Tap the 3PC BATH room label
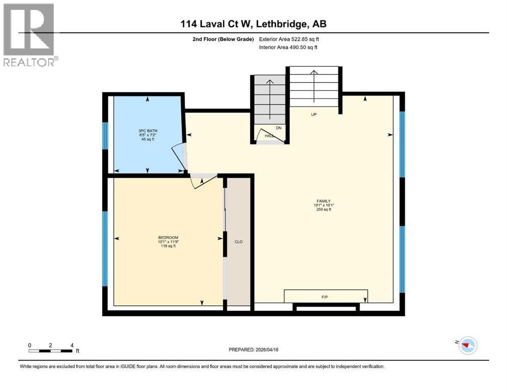(x=148, y=135)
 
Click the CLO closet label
(x=238, y=241)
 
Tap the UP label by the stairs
(x=314, y=114)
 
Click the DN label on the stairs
(x=279, y=128)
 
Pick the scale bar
(x=51, y=351)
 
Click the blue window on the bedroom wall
(x=105, y=249)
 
